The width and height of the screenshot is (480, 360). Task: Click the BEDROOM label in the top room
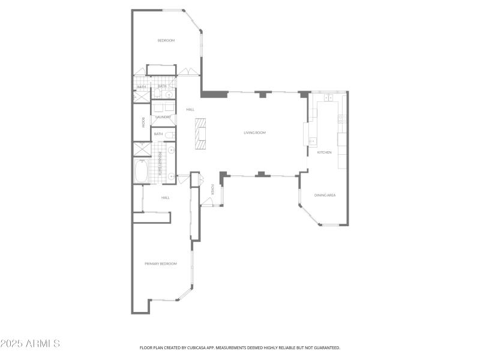point(166,40)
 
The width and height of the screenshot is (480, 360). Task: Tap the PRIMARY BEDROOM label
point(161,263)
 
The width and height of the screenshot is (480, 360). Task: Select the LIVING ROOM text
point(254,133)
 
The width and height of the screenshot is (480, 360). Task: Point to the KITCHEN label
point(324,152)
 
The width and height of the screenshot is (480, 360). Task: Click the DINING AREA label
point(325,195)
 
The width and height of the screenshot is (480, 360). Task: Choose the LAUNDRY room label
point(163,117)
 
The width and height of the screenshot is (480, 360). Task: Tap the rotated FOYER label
point(212,190)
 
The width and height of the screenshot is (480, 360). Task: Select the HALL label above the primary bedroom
point(166,197)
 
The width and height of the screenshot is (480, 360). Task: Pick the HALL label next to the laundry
point(190,109)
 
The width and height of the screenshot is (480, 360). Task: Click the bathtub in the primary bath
point(142,172)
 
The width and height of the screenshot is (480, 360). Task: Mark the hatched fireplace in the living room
point(200,134)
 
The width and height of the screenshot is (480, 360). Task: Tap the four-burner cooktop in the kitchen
point(341,119)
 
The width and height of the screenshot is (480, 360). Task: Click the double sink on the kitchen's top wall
point(328,97)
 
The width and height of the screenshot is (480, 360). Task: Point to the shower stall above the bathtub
point(142,149)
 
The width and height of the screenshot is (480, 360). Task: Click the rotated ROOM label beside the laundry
point(143,122)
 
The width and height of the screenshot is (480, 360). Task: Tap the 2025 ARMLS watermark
point(30,344)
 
